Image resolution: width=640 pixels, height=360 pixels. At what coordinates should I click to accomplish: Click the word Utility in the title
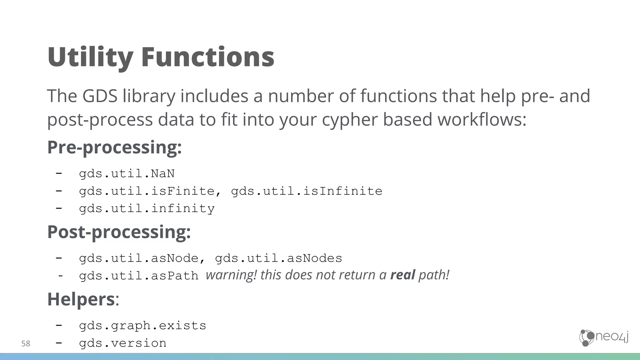[x=90, y=57]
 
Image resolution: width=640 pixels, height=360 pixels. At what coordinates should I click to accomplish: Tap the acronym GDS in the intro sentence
[x=100, y=96]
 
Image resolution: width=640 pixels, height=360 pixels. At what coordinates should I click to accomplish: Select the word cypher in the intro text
[x=350, y=120]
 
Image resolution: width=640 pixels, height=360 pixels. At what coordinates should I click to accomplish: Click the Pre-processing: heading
[x=114, y=147]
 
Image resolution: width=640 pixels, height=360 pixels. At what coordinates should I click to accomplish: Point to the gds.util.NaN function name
[x=127, y=173]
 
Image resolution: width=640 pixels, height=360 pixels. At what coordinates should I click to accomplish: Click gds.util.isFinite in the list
[x=147, y=191]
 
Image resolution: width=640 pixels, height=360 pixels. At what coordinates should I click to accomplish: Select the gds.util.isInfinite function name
[x=307, y=191]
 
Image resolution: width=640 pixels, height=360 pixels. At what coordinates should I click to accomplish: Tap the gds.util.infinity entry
[x=147, y=208]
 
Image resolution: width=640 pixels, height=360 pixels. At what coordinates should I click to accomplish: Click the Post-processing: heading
[x=119, y=232]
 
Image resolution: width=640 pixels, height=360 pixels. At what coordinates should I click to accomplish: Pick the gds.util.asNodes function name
[x=278, y=258]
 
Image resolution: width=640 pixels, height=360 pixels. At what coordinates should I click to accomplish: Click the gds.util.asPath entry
[x=138, y=276]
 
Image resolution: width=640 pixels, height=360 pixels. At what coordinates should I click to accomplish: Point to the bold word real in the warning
[x=402, y=275]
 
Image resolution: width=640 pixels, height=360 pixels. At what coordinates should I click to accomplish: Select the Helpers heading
[x=81, y=299]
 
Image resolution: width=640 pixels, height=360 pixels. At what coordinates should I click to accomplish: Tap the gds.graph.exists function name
[x=142, y=326]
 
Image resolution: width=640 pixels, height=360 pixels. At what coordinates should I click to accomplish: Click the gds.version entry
[x=122, y=343]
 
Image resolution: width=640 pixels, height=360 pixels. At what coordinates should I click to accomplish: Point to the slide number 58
[x=26, y=344]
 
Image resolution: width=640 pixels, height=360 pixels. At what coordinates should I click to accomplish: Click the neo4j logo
[x=604, y=338]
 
